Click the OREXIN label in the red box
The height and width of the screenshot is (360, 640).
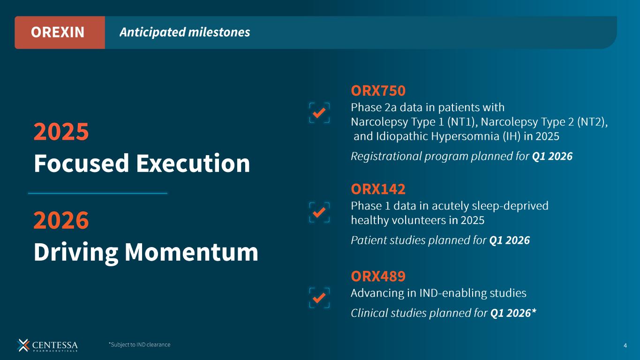(x=58, y=32)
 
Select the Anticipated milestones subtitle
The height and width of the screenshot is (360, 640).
(x=185, y=32)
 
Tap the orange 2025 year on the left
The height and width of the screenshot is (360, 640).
(x=61, y=131)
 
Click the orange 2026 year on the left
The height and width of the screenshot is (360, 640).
(x=61, y=220)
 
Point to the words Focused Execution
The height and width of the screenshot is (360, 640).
(x=142, y=163)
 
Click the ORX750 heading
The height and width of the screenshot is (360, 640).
(x=378, y=90)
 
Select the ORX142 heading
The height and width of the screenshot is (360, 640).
(x=378, y=189)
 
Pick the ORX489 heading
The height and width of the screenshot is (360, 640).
(x=378, y=276)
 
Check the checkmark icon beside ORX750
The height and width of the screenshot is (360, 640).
(x=319, y=113)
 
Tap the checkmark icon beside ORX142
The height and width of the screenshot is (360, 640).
(x=319, y=212)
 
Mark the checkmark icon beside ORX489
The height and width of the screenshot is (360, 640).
(x=319, y=298)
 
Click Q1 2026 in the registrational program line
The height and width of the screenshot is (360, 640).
(x=552, y=156)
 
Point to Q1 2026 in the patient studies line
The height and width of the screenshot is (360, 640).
(x=510, y=240)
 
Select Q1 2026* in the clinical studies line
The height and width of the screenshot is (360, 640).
(x=513, y=313)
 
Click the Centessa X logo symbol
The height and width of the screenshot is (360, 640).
(x=23, y=345)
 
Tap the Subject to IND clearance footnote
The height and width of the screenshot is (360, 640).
(x=139, y=345)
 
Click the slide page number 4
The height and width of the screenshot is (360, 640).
(x=625, y=346)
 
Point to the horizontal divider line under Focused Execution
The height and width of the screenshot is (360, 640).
(x=98, y=194)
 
